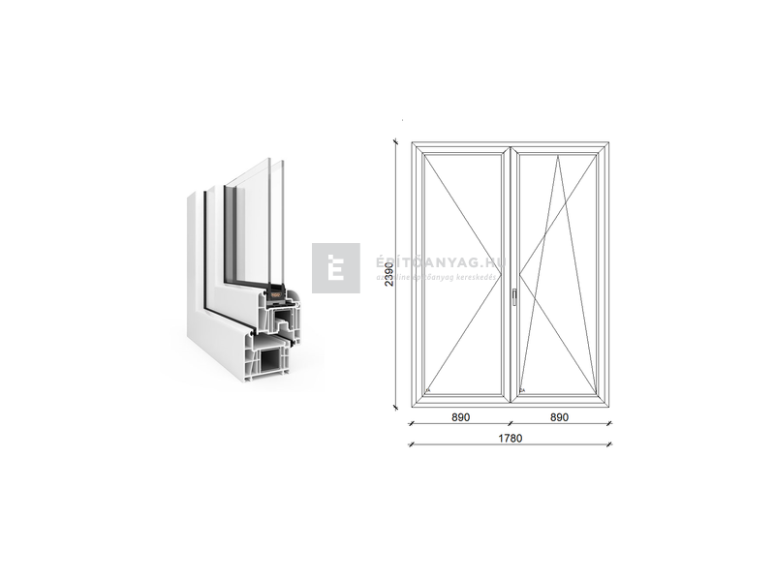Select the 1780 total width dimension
click(511, 438)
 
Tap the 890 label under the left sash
click(461, 417)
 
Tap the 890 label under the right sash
click(559, 417)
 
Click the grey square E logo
click(335, 268)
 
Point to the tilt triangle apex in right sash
click(558, 157)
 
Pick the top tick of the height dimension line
click(395, 141)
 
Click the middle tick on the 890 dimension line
click(511, 423)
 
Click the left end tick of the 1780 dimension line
click(412, 444)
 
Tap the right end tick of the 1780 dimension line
click(610, 444)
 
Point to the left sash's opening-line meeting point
click(503, 273)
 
